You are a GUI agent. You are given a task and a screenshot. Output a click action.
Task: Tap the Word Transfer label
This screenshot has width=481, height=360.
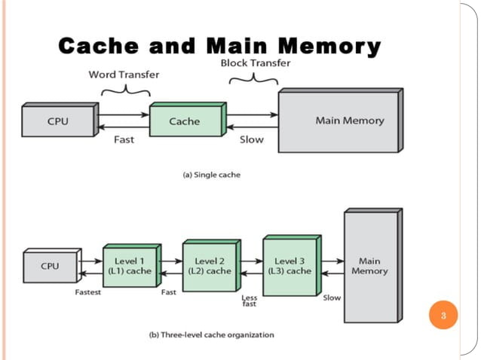click(123, 75)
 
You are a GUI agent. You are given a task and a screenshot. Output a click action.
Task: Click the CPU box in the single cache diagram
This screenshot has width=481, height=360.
click(57, 121)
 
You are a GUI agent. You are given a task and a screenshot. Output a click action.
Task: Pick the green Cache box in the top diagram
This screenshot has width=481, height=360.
click(185, 121)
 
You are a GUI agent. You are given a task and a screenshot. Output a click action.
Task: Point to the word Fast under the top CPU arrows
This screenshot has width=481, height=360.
click(124, 139)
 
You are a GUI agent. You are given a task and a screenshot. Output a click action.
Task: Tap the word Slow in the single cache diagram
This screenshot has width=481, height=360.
click(251, 139)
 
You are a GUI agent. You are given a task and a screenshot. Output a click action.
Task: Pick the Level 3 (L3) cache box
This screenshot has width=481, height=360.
click(288, 266)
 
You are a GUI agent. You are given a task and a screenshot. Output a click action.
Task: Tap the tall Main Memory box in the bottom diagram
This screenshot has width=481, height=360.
click(369, 266)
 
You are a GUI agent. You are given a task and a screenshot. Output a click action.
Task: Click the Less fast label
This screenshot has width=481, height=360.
click(248, 301)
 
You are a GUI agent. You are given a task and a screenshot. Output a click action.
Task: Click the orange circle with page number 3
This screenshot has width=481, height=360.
click(443, 315)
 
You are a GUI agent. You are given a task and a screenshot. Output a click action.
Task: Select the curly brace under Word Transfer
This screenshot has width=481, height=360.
click(123, 90)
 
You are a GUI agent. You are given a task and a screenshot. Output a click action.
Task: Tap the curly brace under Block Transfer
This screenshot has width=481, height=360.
click(250, 78)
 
